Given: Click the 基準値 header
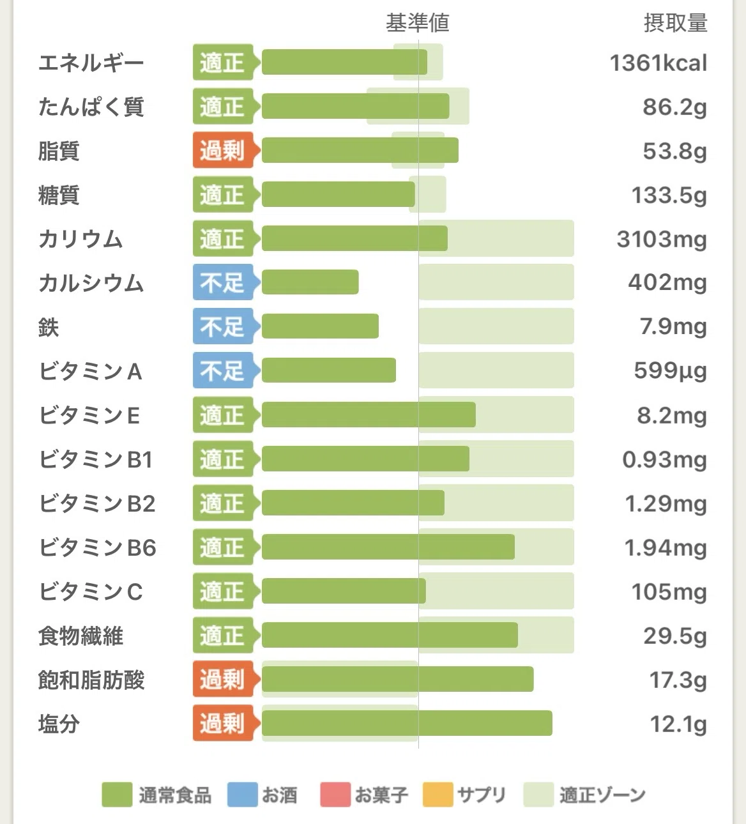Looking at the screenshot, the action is (417, 23).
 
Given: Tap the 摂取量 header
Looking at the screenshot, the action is (675, 23).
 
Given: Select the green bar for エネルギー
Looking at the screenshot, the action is (344, 62).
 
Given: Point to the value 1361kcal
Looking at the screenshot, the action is (658, 63).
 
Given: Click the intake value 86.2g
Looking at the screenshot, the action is (675, 107).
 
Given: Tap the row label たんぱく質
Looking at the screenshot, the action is (91, 107).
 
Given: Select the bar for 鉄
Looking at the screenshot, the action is (320, 326).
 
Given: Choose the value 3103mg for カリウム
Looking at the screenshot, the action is (662, 239).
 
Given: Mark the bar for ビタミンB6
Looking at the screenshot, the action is (388, 547).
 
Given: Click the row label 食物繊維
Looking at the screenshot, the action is (81, 636).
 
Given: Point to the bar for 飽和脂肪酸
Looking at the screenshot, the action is (398, 679).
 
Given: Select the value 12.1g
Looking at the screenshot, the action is (678, 724).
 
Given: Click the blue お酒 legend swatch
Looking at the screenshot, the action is (242, 795).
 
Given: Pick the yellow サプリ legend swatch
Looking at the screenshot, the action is (438, 795).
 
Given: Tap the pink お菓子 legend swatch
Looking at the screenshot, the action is (335, 795).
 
